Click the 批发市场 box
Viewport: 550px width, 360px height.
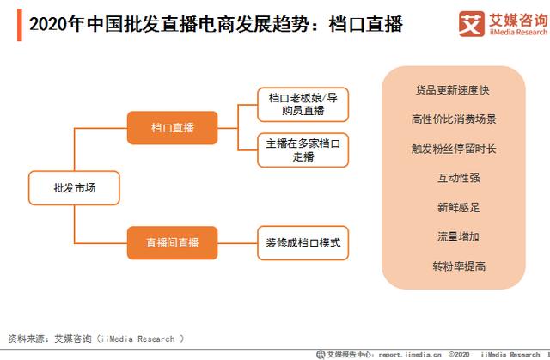pos(74,187)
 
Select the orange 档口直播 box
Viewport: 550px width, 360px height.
pos(172,128)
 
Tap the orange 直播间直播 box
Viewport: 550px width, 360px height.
pos(172,243)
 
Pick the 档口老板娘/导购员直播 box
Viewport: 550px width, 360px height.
pos(302,105)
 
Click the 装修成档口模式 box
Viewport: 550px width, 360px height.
pos(302,243)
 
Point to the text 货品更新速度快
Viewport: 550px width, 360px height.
pos(453,89)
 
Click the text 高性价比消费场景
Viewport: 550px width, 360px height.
pos(453,119)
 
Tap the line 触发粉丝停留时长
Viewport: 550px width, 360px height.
pos(453,149)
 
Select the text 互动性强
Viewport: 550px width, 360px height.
pos(453,178)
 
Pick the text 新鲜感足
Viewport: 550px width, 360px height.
pos(453,207)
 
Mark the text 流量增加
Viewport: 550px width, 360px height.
pos(453,236)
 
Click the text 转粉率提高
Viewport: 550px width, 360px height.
pos(453,265)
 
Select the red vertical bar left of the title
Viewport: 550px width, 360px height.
pos(19,25)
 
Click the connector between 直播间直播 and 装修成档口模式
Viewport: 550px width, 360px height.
pos(238,243)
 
